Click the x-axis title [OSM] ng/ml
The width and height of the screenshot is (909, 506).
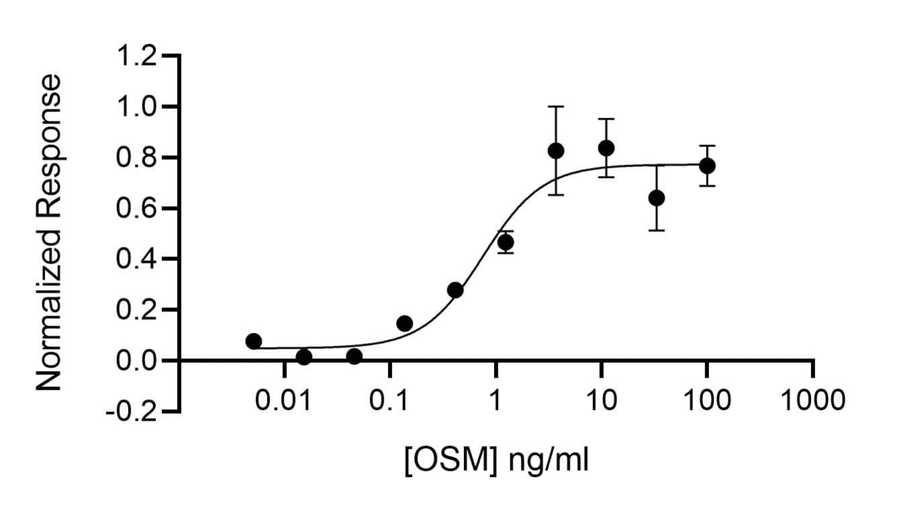496,462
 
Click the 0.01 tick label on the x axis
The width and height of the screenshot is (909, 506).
284,401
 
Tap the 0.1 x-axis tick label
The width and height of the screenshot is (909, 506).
389,401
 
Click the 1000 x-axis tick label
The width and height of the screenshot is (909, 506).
812,401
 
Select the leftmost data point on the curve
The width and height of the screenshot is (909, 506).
254,341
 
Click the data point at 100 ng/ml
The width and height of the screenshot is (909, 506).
707,166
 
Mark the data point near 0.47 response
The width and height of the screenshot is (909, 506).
506,242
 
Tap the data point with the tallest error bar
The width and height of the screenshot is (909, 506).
556,151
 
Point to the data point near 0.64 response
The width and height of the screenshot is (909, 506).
657,198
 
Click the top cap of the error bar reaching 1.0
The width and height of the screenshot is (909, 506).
556,107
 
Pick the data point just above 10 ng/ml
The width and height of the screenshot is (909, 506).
606,148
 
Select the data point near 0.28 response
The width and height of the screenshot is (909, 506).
455,290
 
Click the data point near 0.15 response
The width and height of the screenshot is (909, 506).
405,323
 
